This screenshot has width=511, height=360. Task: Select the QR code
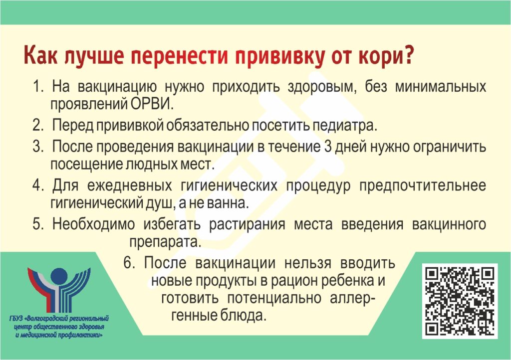[460, 301]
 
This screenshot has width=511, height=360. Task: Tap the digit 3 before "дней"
[328, 147]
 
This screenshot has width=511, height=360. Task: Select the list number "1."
[38, 87]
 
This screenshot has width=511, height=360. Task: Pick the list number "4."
[38, 185]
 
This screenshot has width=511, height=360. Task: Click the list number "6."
[129, 262]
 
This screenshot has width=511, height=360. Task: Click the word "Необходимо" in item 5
[93, 224]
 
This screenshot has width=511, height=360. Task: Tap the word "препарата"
[165, 242]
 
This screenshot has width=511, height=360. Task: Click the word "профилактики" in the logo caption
[80, 335]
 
